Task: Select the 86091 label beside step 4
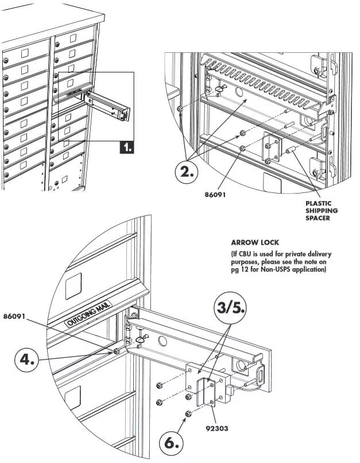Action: [x=17, y=316]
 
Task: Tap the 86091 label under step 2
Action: [x=215, y=194]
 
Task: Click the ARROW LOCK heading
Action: [x=255, y=242]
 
